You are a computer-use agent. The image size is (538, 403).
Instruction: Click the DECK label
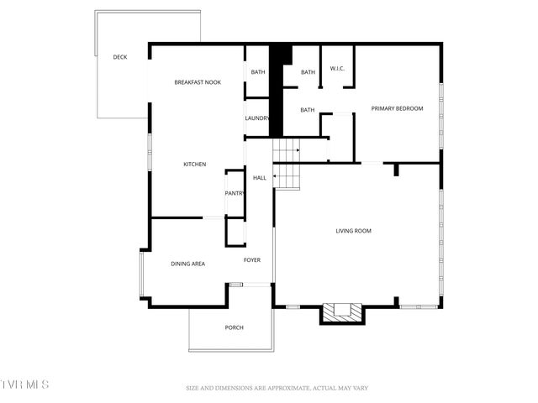pos(120,57)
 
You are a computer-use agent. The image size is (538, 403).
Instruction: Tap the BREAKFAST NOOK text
pos(198,82)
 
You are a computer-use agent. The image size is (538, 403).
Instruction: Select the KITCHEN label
pos(195,165)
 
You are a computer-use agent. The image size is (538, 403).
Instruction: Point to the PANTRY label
pos(235,194)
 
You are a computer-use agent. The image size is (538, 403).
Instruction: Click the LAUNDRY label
pos(256,118)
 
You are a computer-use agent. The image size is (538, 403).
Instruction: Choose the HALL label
pos(260,178)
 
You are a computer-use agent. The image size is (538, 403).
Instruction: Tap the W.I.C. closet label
pos(338,69)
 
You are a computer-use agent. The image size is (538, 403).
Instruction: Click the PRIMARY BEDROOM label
pos(397,109)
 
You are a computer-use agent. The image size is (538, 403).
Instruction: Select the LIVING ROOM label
pos(353,231)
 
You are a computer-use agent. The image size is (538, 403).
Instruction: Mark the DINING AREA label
pos(188,264)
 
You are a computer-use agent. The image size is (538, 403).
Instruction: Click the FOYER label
pos(252,260)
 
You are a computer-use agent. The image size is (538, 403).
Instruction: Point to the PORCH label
pos(234,327)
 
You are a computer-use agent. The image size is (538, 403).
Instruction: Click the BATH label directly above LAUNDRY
pos(258,72)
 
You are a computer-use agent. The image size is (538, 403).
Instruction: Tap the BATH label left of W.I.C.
pos(308,72)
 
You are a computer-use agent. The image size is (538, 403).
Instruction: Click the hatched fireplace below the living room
pos(340,313)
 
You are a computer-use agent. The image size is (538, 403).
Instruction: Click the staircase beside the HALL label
pos(287,165)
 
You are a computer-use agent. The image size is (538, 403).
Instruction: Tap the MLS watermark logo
pos(25,385)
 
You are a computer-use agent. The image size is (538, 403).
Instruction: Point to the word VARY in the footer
pos(358,388)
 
